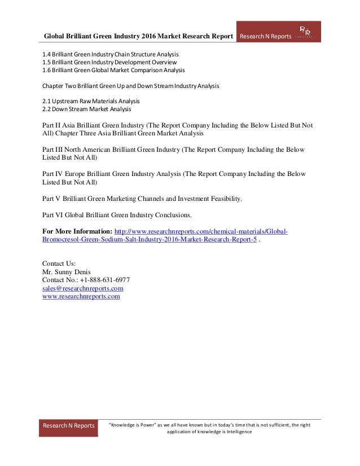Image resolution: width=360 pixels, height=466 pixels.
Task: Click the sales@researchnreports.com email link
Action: pos(83,288)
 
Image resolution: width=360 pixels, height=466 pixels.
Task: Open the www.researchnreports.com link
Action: pos(81,296)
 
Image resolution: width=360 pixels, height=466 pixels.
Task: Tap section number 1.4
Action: pos(47,54)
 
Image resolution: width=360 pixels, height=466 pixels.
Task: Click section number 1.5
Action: pos(47,62)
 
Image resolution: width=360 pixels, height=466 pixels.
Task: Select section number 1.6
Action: pos(47,70)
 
